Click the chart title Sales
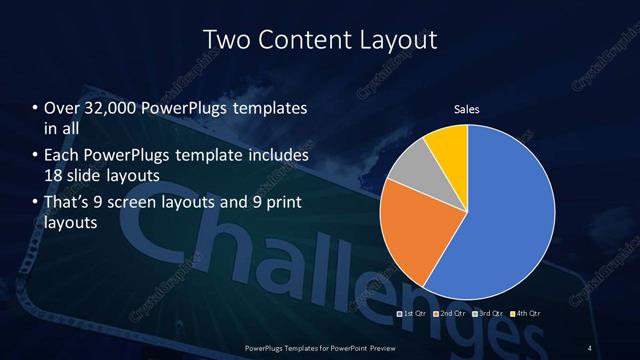(467, 108)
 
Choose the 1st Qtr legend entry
(415, 313)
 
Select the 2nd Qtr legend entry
(450, 313)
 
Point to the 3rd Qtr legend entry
(487, 313)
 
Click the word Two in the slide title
(226, 40)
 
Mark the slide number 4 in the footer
(591, 347)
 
